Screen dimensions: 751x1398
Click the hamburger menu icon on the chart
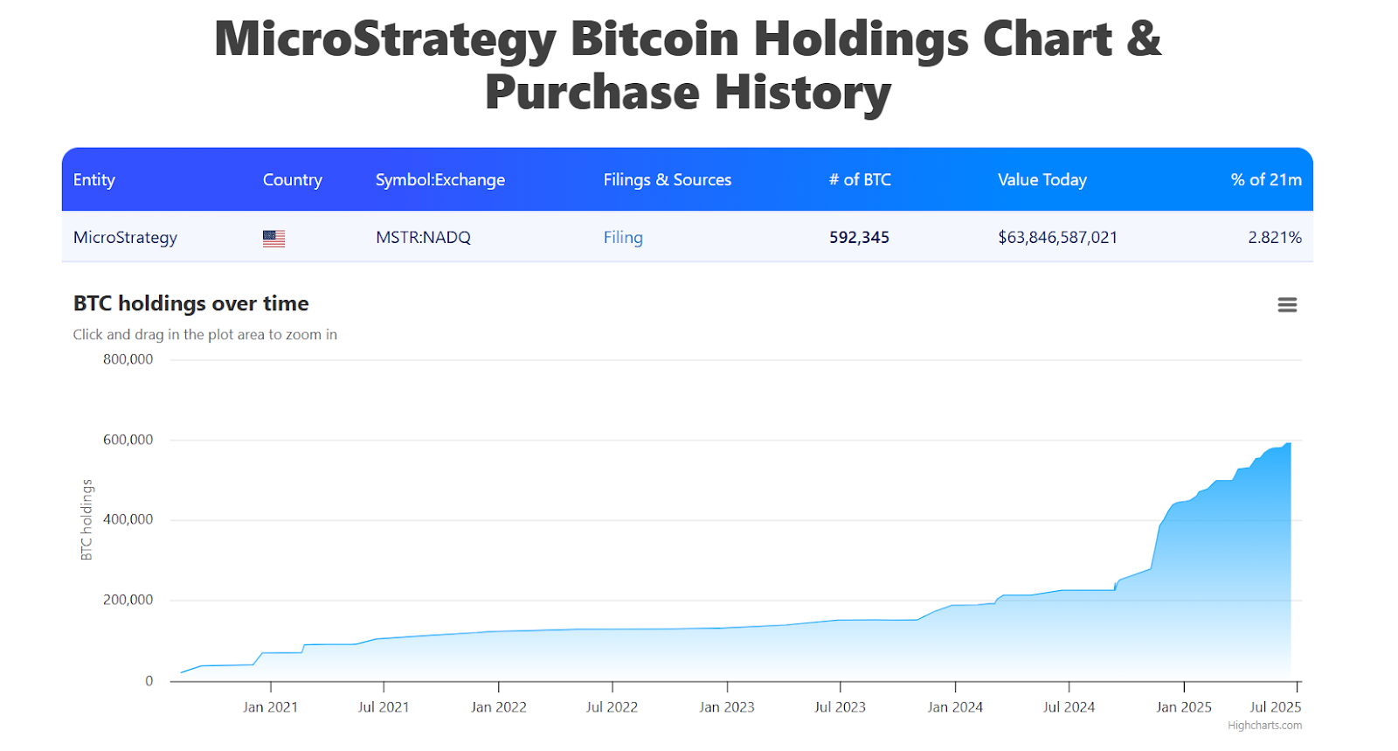(x=1286, y=305)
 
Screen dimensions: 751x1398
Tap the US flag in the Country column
(x=273, y=238)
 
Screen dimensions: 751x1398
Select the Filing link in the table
(x=623, y=238)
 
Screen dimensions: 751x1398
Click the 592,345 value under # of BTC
(x=859, y=238)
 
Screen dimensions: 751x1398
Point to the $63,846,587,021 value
(x=1057, y=238)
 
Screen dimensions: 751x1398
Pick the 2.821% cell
(x=1274, y=238)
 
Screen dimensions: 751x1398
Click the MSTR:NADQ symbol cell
(x=423, y=238)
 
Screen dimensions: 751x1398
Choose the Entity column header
(x=94, y=180)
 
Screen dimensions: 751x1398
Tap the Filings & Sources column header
(x=667, y=180)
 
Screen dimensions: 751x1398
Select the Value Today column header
(x=1042, y=180)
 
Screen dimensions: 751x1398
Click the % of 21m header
(x=1265, y=180)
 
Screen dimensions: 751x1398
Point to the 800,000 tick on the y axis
(x=128, y=359)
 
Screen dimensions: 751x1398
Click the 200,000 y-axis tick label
(x=128, y=600)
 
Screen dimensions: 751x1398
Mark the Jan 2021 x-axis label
(x=270, y=707)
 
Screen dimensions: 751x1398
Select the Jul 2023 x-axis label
(x=840, y=707)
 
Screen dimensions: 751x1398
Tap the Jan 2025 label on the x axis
(x=1183, y=707)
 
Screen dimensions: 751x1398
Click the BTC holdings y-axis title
(x=87, y=519)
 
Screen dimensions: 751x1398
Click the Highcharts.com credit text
(x=1263, y=726)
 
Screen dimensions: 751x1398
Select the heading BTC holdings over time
(x=190, y=303)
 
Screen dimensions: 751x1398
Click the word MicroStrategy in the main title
(x=385, y=39)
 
